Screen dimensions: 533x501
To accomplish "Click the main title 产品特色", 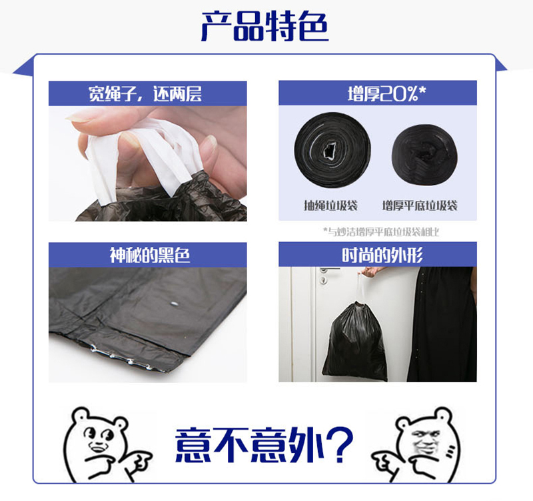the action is coord(265,27).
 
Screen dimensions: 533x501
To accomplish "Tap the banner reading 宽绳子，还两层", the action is coord(147,93).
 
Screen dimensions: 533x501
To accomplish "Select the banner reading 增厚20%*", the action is coord(378,93).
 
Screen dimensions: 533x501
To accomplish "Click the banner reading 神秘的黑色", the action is coord(147,255).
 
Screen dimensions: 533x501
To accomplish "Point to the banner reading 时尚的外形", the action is coord(378,254).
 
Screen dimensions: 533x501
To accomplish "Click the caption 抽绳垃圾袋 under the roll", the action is coord(330,205).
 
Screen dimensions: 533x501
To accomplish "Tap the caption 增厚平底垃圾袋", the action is coord(420,205).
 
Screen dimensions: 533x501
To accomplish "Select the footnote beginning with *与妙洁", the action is coord(381,231).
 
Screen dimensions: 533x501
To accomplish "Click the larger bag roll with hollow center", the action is coord(332,150).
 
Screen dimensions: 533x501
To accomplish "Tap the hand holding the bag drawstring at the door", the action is coord(371,271).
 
